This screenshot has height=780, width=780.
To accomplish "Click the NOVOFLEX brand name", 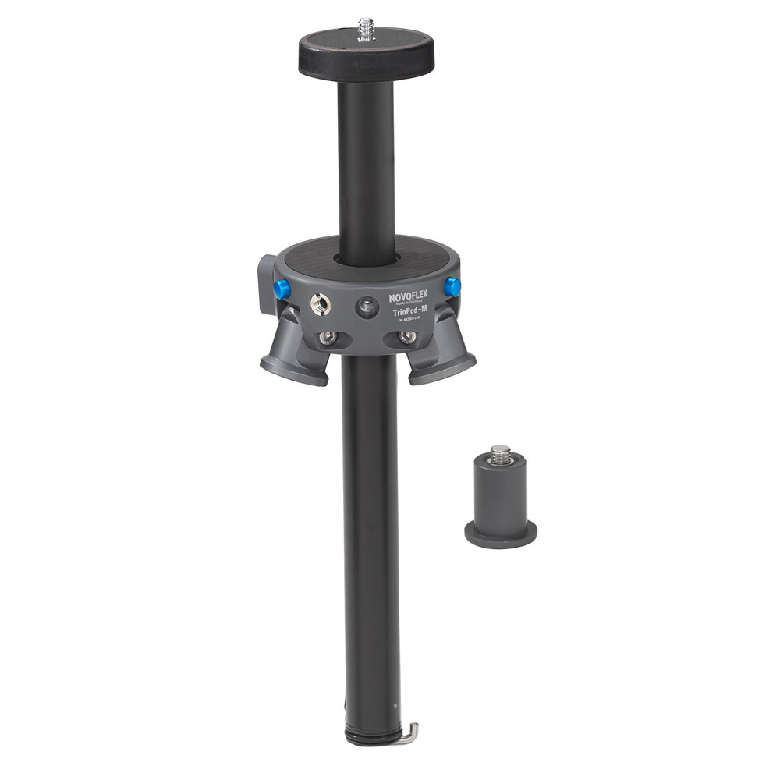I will [x=409, y=297].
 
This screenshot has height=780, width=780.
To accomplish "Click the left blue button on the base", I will [x=282, y=289].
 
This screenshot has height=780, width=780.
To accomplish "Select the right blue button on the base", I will [x=452, y=287].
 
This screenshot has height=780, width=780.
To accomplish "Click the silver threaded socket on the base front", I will [x=320, y=304].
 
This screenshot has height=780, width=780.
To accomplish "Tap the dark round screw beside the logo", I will [x=367, y=307].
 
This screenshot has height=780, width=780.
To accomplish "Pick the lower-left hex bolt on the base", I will [x=328, y=338].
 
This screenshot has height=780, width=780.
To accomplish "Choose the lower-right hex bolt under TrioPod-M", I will [x=407, y=337].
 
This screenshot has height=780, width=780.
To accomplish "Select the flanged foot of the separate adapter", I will [x=501, y=534].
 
